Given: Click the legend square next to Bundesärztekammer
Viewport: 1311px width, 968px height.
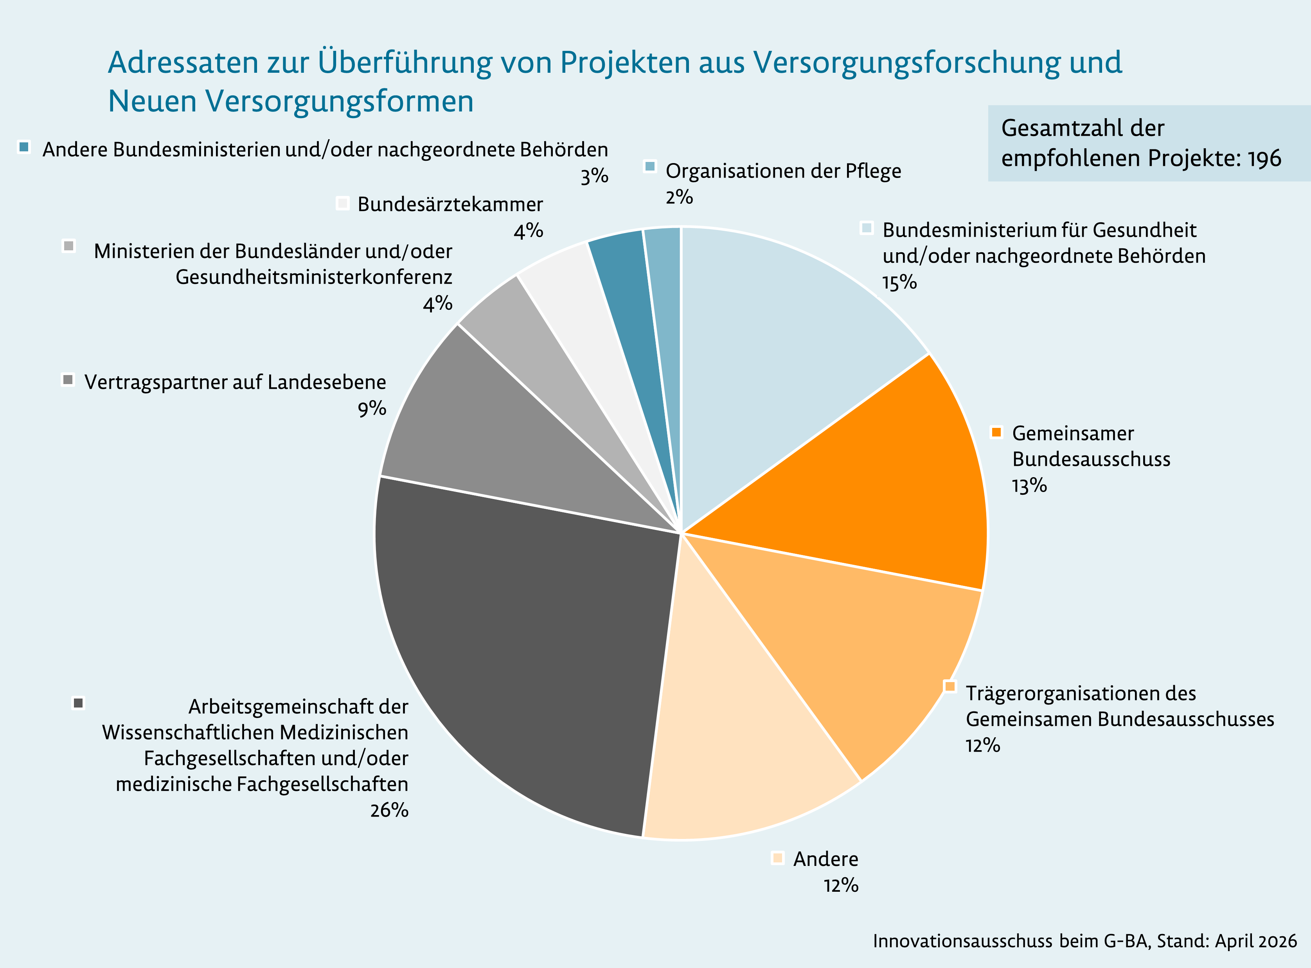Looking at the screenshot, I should (x=343, y=203).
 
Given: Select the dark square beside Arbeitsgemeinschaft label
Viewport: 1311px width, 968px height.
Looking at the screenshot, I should (x=78, y=702).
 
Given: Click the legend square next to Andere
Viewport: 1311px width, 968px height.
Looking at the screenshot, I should (x=778, y=858).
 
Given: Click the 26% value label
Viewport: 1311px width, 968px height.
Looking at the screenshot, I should (x=389, y=810).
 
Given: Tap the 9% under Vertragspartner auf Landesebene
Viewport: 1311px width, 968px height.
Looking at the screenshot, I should (x=372, y=408).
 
